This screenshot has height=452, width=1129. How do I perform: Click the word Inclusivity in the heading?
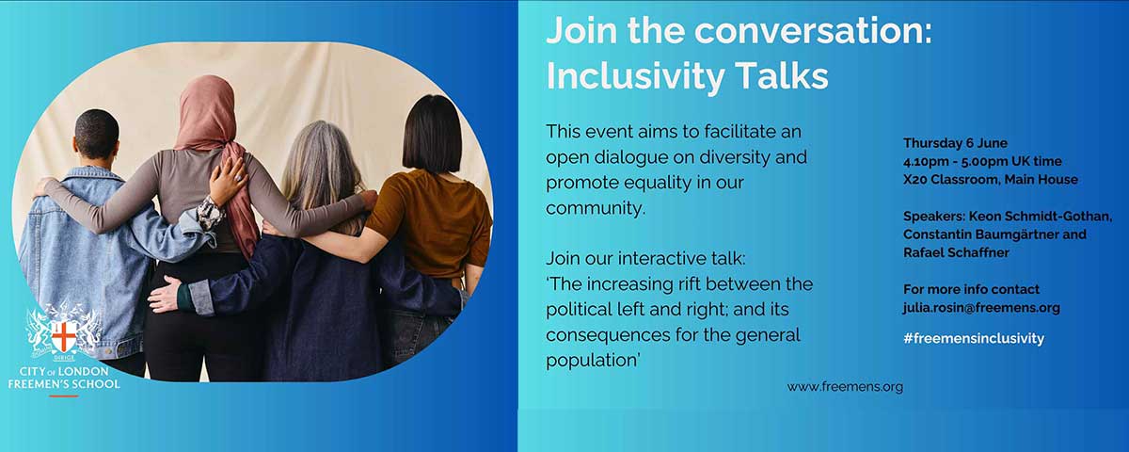pyautogui.click(x=636, y=76)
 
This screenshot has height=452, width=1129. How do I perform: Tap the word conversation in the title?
pyautogui.click(x=814, y=30)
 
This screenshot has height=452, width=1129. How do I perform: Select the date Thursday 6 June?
pyautogui.click(x=955, y=143)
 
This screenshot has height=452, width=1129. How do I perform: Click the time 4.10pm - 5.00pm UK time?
pyautogui.click(x=982, y=161)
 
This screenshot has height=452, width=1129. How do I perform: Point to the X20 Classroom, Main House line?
pyautogui.click(x=991, y=180)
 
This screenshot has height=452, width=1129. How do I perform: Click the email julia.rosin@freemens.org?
pyautogui.click(x=981, y=308)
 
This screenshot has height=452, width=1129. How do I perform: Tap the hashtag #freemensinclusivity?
pyautogui.click(x=974, y=338)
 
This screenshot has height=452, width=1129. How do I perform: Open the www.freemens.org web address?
pyautogui.click(x=845, y=387)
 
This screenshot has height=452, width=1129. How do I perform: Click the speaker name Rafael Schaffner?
pyautogui.click(x=956, y=252)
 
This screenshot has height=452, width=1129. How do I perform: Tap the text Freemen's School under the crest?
pyautogui.click(x=64, y=384)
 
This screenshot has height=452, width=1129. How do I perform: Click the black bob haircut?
pyautogui.click(x=432, y=134)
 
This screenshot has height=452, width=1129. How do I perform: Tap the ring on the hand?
pyautogui.click(x=238, y=178)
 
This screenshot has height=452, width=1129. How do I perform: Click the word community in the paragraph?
pyautogui.click(x=596, y=208)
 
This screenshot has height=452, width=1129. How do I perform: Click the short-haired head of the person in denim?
pyautogui.click(x=96, y=134)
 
